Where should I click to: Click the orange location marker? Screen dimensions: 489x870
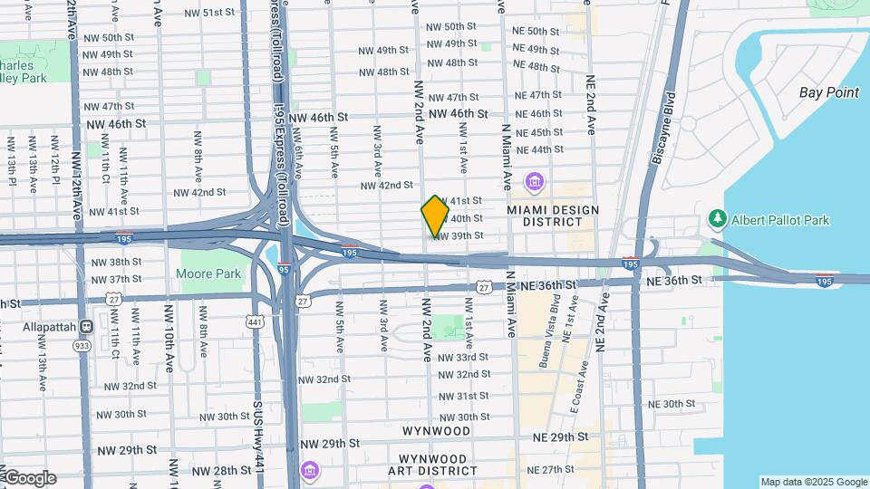pyautogui.click(x=436, y=215)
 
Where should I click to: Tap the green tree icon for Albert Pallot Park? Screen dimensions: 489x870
pyautogui.click(x=717, y=219)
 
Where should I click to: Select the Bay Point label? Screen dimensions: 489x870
pyautogui.click(x=828, y=92)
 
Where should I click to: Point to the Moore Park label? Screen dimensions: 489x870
pyautogui.click(x=208, y=273)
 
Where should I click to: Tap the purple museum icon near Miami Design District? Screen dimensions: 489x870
pyautogui.click(x=534, y=183)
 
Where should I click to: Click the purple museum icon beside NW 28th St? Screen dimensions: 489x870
pyautogui.click(x=310, y=471)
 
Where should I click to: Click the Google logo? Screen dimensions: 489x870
pyautogui.click(x=29, y=478)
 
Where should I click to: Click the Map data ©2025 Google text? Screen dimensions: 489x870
pyautogui.click(x=813, y=482)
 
